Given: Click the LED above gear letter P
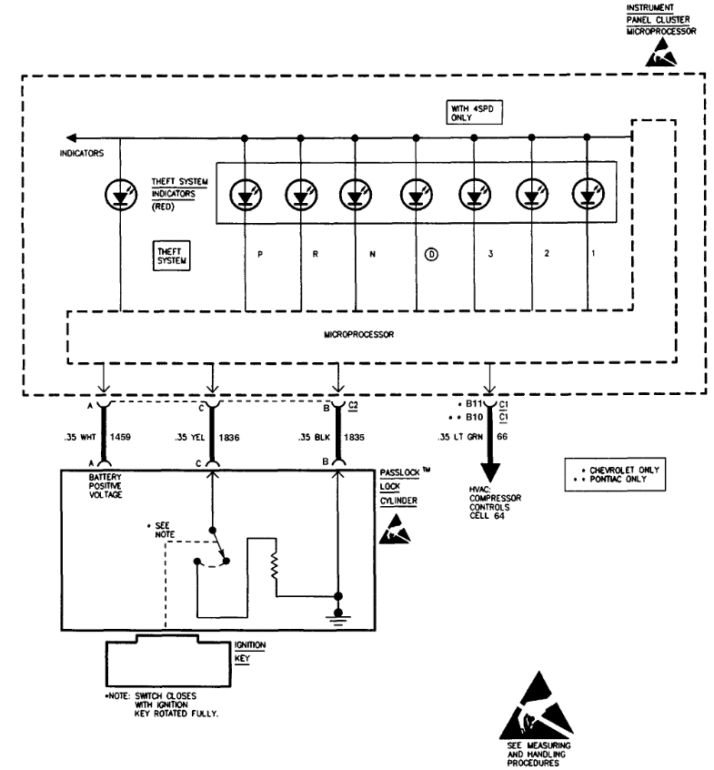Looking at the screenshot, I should click(x=246, y=194).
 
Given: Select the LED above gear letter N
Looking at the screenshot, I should click(x=355, y=194).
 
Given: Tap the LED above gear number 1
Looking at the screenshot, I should click(x=588, y=194).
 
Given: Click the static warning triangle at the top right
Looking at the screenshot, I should click(x=660, y=56).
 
